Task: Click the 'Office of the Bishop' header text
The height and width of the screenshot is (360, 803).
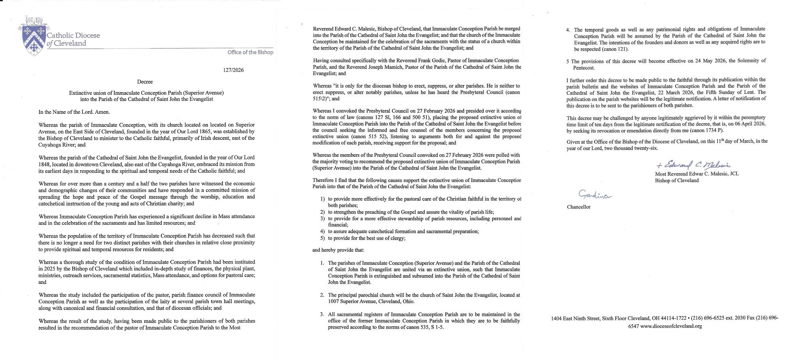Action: point(250,52)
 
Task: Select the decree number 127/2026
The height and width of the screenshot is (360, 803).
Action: point(233,70)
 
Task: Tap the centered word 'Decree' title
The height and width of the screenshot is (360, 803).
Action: point(145,82)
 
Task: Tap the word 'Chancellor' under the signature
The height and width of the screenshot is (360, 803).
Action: point(578,207)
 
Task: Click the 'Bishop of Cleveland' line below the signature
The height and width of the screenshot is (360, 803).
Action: point(676,181)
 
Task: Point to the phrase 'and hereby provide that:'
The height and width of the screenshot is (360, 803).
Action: point(338,250)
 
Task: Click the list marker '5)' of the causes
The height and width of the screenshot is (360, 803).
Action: point(323,238)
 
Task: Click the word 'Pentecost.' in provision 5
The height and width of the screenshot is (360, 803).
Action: point(584,68)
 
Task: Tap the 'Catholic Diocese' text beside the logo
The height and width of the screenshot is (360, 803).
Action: point(74,36)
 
